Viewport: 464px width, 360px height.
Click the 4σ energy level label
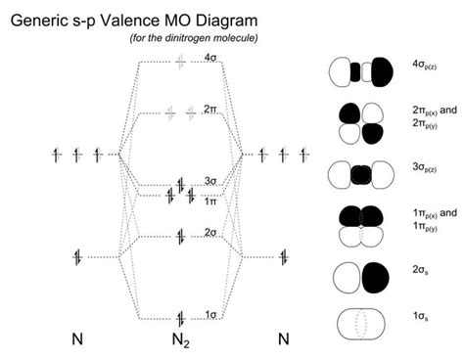point(210,59)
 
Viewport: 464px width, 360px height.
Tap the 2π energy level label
point(211,109)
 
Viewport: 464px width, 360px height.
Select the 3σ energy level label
point(210,180)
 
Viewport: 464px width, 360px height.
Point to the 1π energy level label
point(210,200)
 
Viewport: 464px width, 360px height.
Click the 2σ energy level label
point(210,232)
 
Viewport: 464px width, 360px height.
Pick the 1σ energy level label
point(210,314)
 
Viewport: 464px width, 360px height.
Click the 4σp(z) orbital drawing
point(355,71)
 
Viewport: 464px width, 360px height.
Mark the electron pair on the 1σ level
point(180,316)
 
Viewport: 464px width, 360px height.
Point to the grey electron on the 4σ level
point(179,61)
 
